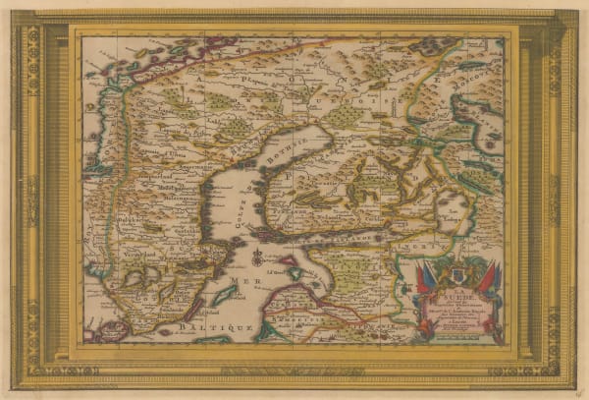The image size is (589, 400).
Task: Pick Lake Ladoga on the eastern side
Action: coord(454,210)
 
